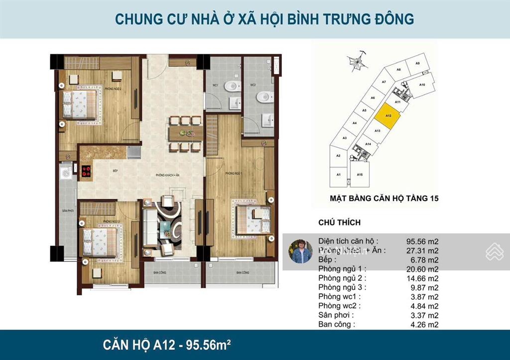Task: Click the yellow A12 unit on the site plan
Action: (x=386, y=116)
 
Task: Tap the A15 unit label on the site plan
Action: (x=359, y=175)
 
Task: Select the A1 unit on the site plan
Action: (x=338, y=175)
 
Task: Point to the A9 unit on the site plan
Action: (x=418, y=64)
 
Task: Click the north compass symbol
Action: (x=357, y=63)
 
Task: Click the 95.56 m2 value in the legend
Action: (x=423, y=241)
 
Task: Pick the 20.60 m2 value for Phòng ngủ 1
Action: (x=423, y=269)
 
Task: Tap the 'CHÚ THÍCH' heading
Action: (x=339, y=223)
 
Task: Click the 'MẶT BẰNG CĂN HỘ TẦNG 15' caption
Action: (x=384, y=198)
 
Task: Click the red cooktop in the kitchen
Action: (x=86, y=171)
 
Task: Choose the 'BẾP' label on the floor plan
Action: (x=115, y=171)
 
